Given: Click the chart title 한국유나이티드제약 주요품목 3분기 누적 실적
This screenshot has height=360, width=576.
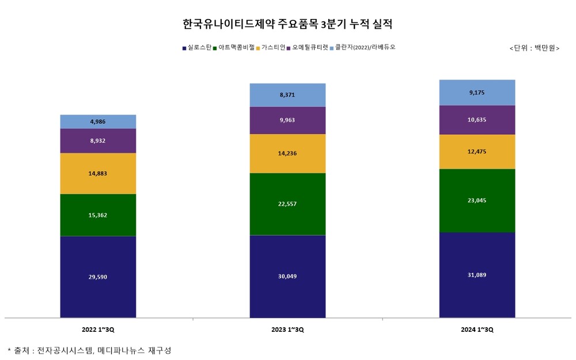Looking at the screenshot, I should click(x=287, y=24).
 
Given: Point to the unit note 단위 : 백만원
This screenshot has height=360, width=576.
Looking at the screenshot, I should click(x=535, y=48).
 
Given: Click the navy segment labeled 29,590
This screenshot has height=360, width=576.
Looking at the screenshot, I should click(x=98, y=277).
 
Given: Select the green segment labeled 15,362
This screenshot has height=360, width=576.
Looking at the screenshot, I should click(x=98, y=215).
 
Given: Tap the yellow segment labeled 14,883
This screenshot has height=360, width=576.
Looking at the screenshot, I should click(x=98, y=173).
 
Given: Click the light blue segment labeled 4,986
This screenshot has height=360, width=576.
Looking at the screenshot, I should click(x=98, y=122).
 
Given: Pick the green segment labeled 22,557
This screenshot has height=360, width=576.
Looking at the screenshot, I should click(x=287, y=204).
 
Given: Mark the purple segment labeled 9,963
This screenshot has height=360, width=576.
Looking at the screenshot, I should click(x=287, y=120).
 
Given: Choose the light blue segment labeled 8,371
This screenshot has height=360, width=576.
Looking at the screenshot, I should click(x=287, y=95).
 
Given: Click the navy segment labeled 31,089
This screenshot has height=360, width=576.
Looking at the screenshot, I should click(x=477, y=275).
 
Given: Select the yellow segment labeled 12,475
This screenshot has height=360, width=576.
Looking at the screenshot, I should click(x=477, y=151).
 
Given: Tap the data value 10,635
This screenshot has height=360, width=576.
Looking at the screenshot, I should click(x=477, y=120).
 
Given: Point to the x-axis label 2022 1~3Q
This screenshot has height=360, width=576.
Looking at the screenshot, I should click(x=98, y=329).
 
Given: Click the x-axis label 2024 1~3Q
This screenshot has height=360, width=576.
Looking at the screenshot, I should click(x=477, y=329).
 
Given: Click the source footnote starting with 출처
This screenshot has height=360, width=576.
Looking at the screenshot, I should click(x=89, y=350).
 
